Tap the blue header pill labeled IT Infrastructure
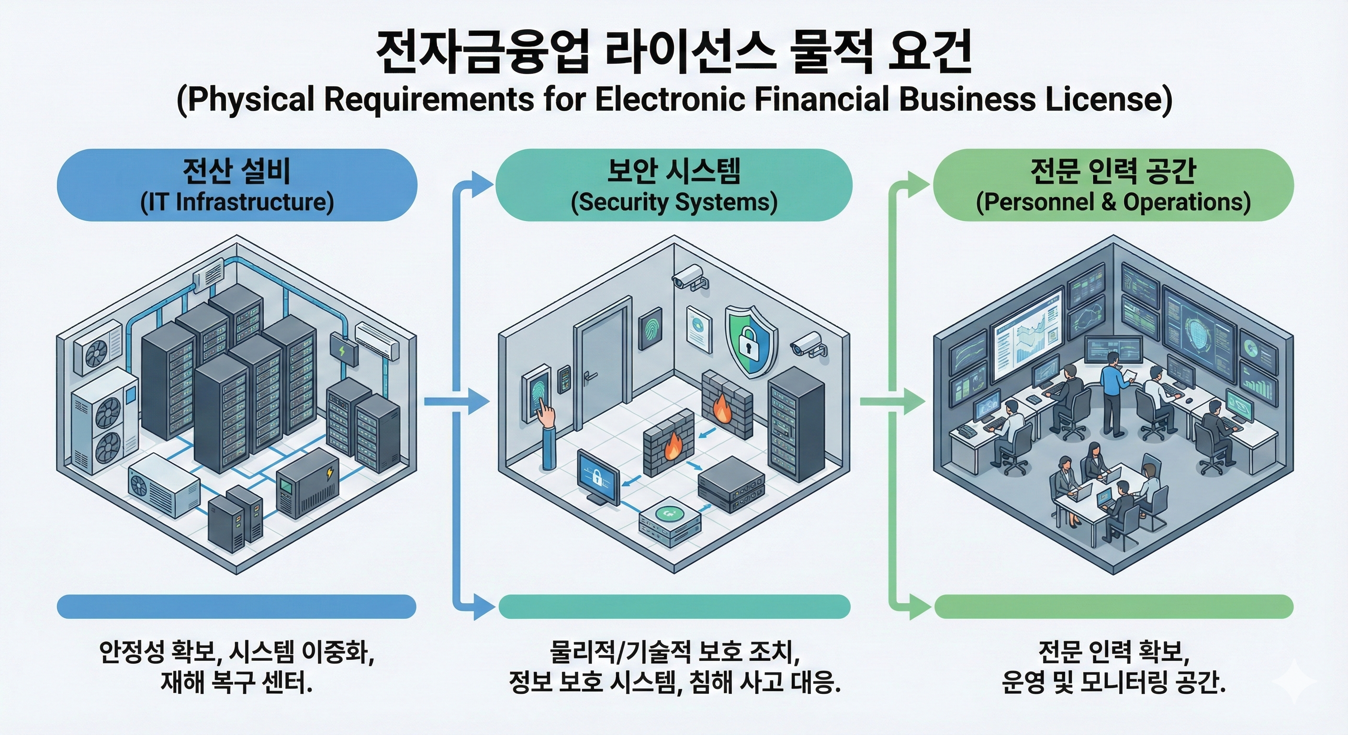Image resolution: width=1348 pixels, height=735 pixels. [236, 185]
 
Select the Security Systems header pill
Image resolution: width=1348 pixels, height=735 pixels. [674, 185]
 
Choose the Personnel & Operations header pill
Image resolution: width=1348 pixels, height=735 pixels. [1113, 185]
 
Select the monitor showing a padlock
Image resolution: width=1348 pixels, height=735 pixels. [597, 478]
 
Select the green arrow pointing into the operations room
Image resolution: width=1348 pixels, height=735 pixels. [893, 401]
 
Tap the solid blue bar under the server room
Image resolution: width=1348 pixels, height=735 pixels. [236, 607]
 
